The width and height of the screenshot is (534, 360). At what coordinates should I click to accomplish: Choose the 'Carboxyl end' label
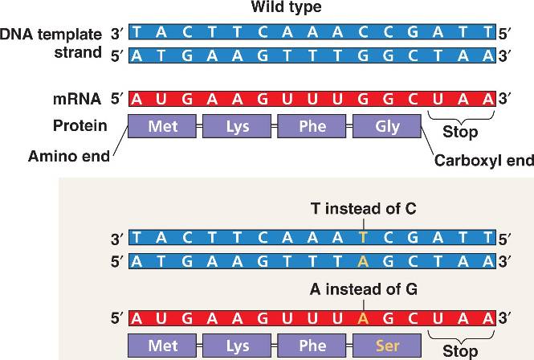(x=483, y=161)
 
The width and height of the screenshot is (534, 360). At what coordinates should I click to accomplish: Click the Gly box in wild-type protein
(x=388, y=127)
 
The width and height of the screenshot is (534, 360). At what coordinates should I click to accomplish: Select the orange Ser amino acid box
(x=388, y=346)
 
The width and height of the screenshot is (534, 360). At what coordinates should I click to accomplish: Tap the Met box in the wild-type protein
(x=161, y=127)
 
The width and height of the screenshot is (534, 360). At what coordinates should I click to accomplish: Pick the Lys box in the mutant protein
(x=237, y=346)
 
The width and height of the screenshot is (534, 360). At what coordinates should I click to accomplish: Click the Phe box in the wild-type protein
(x=312, y=127)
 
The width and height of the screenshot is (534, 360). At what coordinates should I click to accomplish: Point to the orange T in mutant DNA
(x=363, y=238)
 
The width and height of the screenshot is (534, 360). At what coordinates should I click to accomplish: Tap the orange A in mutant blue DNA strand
(x=363, y=260)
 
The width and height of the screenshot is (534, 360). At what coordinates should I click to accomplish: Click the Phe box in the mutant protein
(x=312, y=346)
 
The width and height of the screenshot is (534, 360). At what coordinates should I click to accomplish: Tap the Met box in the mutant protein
(x=161, y=346)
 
